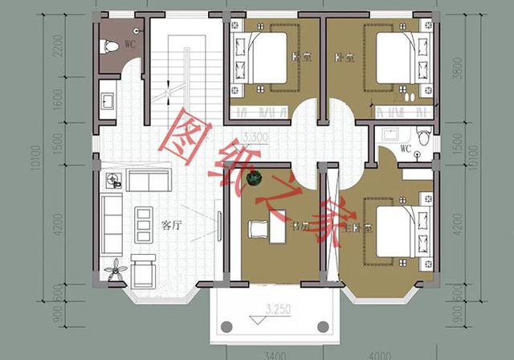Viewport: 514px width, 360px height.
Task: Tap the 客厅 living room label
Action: pos(171,226)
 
